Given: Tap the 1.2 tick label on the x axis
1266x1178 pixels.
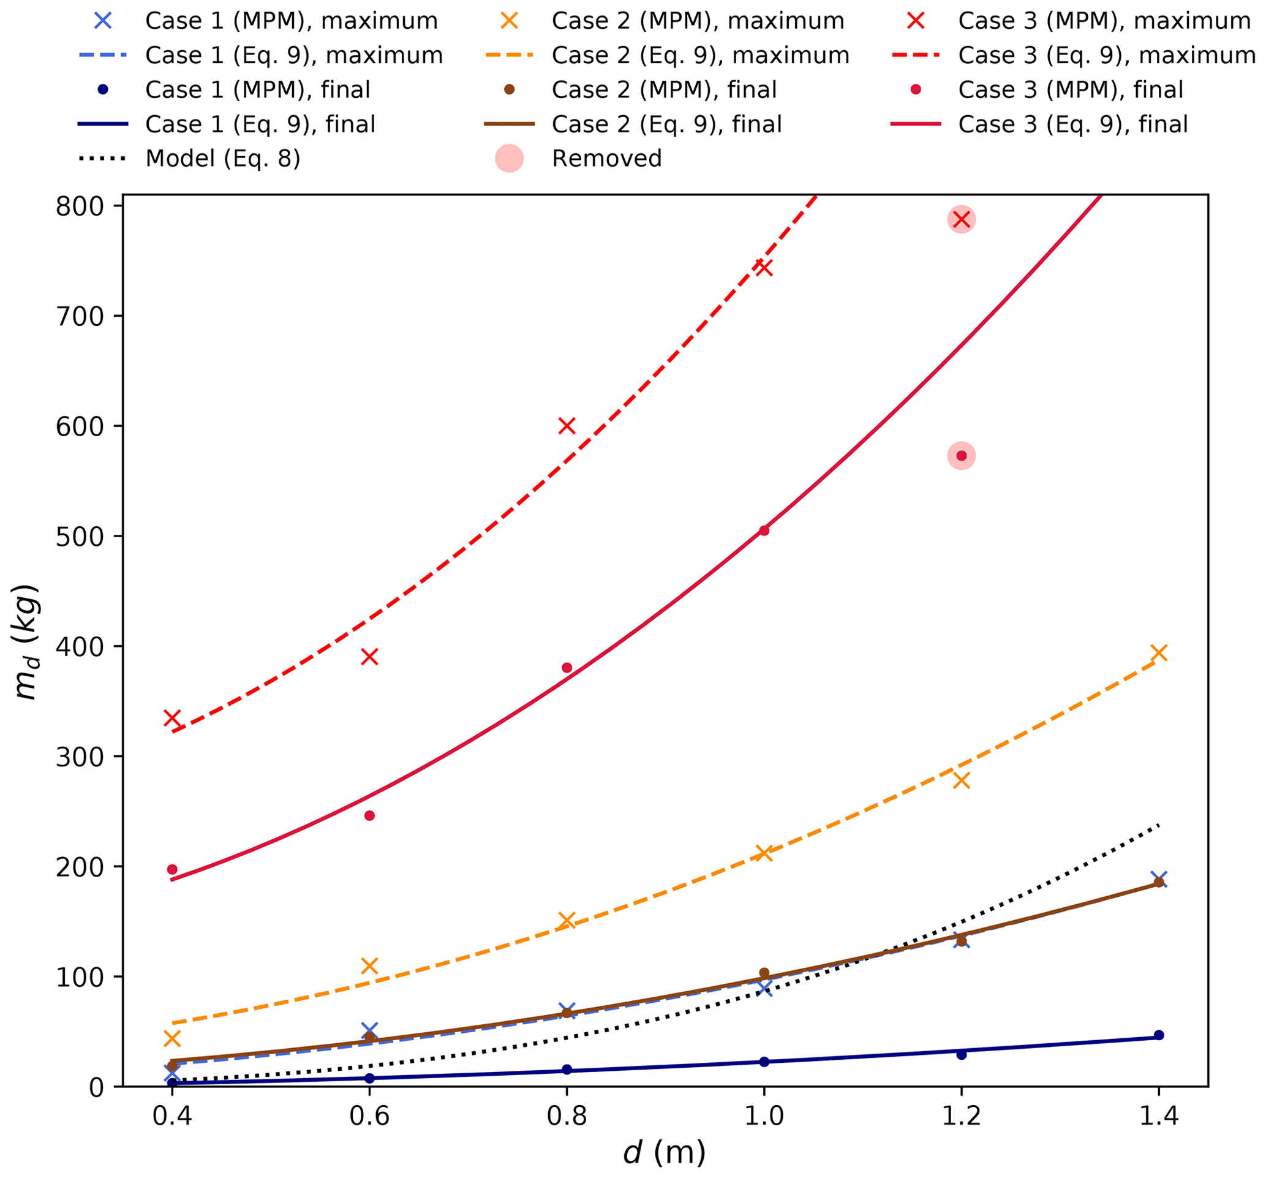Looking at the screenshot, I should click(x=961, y=1116).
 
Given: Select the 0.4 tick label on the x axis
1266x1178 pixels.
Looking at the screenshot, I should click(x=172, y=1116).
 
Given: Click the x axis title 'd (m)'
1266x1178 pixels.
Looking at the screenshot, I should click(x=664, y=1153).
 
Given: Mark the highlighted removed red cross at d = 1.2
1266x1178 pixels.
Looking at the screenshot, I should click(x=962, y=220).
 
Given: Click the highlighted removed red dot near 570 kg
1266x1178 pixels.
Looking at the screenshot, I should click(x=962, y=456).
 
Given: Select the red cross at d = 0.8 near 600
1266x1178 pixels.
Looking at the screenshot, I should click(x=567, y=426).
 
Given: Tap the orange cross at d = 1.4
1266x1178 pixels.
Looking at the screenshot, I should click(x=1159, y=652).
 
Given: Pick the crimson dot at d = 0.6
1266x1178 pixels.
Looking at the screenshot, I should click(x=369, y=816).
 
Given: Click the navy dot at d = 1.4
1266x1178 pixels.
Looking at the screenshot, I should click(x=1159, y=1035).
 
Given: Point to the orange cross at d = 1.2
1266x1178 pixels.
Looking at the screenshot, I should click(x=962, y=780).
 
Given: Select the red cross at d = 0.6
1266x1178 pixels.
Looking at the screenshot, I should click(x=369, y=657).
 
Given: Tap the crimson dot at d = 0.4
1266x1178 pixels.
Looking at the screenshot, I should click(x=172, y=870).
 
